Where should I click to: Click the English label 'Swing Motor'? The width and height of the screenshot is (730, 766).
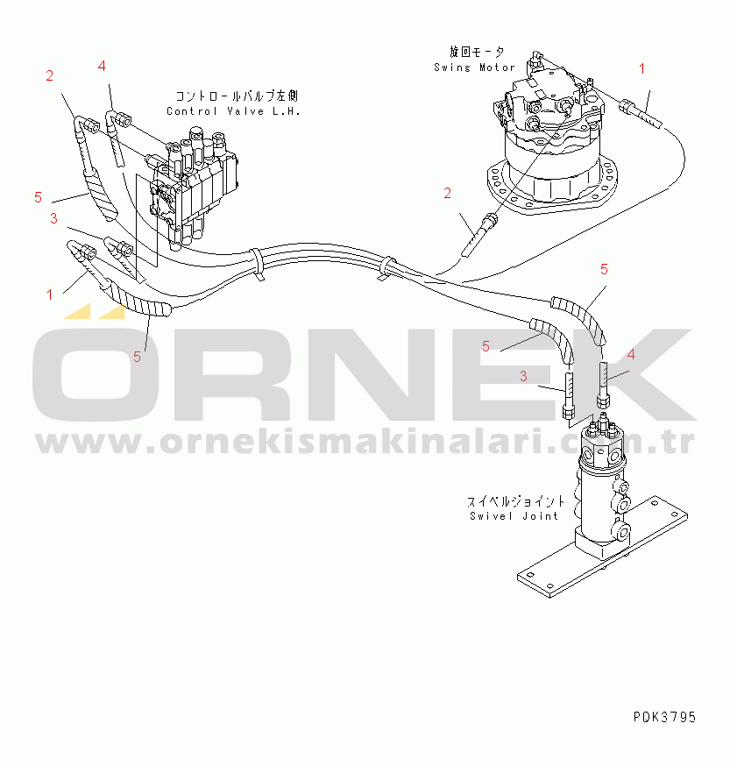(474, 67)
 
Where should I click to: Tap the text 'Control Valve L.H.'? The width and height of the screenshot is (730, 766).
(234, 111)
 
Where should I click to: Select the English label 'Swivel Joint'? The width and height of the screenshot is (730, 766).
(514, 516)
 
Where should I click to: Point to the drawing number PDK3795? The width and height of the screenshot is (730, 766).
(664, 717)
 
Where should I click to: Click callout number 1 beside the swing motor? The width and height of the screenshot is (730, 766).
(642, 69)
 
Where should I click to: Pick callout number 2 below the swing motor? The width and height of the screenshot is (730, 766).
(448, 194)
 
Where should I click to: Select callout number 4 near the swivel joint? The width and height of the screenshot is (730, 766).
(631, 355)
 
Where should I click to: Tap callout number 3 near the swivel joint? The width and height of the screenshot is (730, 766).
(523, 376)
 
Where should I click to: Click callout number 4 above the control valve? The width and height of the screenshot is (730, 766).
(101, 66)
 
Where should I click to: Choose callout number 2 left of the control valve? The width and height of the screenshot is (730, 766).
(49, 75)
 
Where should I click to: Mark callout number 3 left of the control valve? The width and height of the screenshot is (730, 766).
(53, 218)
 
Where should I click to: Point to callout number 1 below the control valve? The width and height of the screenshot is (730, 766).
(49, 294)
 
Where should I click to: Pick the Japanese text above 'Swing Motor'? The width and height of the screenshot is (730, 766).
(477, 52)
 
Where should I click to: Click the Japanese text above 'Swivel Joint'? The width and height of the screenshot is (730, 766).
(515, 501)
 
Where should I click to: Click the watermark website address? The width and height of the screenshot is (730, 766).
(364, 441)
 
